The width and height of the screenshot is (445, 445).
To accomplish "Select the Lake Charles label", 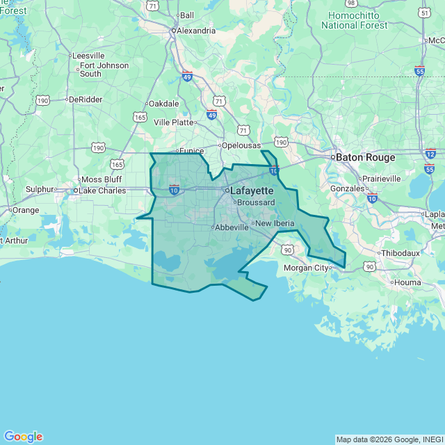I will pyautogui.click(x=102, y=191).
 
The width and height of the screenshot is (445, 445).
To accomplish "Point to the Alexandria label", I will pyautogui.click(x=196, y=31).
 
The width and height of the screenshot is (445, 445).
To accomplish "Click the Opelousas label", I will pyautogui.click(x=241, y=145).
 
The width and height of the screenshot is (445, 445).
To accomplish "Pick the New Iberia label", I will pyautogui.click(x=275, y=223).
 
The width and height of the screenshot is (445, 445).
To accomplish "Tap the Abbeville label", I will pyautogui.click(x=232, y=227).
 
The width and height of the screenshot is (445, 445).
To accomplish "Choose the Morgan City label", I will pyautogui.click(x=306, y=268).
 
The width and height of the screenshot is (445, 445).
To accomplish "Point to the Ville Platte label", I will pyautogui.click(x=173, y=122).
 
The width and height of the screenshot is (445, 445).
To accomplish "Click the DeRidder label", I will pyautogui.click(x=86, y=99).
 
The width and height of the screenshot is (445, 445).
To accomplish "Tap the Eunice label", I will pyautogui.click(x=191, y=150).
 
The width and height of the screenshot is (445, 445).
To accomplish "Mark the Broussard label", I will pyautogui.click(x=257, y=202).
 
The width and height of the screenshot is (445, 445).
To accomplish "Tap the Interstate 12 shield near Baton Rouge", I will pyautogui.click(x=430, y=154).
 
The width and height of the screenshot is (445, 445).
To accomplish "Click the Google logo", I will pyautogui.click(x=23, y=437).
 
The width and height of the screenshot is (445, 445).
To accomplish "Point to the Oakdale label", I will pyautogui.click(x=164, y=104).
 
